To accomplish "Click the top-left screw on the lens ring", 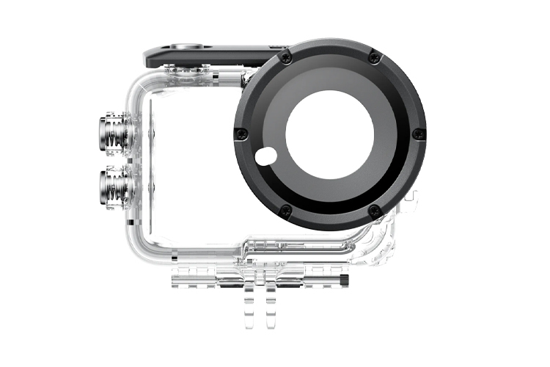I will [x=287, y=57].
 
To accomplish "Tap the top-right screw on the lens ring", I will [x=374, y=57].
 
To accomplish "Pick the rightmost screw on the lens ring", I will [x=418, y=134].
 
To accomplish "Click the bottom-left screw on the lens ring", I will [x=286, y=211].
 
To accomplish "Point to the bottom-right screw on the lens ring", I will [x=374, y=211].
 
